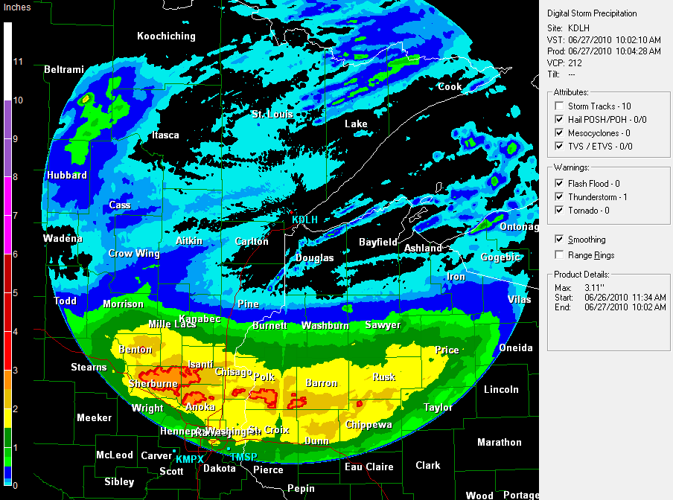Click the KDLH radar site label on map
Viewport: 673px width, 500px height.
tap(304, 220)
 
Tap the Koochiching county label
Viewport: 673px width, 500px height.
tap(166, 36)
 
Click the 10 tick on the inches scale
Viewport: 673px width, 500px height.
tap(18, 99)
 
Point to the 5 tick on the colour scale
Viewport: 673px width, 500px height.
tap(16, 292)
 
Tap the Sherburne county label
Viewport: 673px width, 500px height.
tap(152, 383)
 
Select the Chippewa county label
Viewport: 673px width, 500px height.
tap(369, 425)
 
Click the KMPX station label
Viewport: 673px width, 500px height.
tap(189, 459)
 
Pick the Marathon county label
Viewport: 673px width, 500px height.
tap(499, 442)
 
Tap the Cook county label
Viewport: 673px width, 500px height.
tap(449, 86)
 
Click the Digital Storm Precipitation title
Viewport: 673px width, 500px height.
tap(592, 13)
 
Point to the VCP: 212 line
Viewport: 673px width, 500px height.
tap(565, 62)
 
